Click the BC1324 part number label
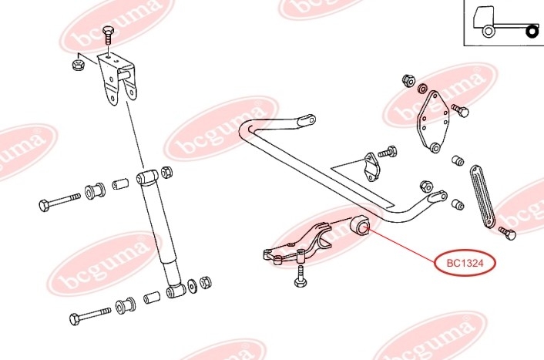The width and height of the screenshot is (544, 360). tap(465, 263)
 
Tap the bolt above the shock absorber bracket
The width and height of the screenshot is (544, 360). tap(108, 35)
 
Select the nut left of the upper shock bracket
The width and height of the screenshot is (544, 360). tap(79, 65)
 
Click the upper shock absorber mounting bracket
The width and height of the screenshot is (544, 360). tap(117, 79)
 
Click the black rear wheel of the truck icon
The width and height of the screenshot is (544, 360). tap(532, 32)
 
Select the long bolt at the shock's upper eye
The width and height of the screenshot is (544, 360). tap(59, 201)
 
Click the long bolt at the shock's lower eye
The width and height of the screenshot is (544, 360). tap(90, 315)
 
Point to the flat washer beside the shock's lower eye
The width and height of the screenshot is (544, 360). tap(192, 285)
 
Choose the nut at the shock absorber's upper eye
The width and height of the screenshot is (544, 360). tap(167, 172)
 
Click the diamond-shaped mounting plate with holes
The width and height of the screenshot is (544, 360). tap(433, 122)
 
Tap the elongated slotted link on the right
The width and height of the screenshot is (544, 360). tap(482, 197)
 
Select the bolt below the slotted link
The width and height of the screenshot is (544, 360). tap(508, 234)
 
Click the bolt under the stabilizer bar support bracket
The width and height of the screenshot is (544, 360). tap(301, 277)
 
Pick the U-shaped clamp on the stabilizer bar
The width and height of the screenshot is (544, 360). tap(371, 167)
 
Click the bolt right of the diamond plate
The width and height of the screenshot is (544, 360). tap(460, 111)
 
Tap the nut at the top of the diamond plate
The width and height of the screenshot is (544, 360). tap(408, 80)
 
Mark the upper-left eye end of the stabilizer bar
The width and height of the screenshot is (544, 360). tap(307, 119)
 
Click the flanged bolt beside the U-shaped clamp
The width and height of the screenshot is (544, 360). tap(387, 152)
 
